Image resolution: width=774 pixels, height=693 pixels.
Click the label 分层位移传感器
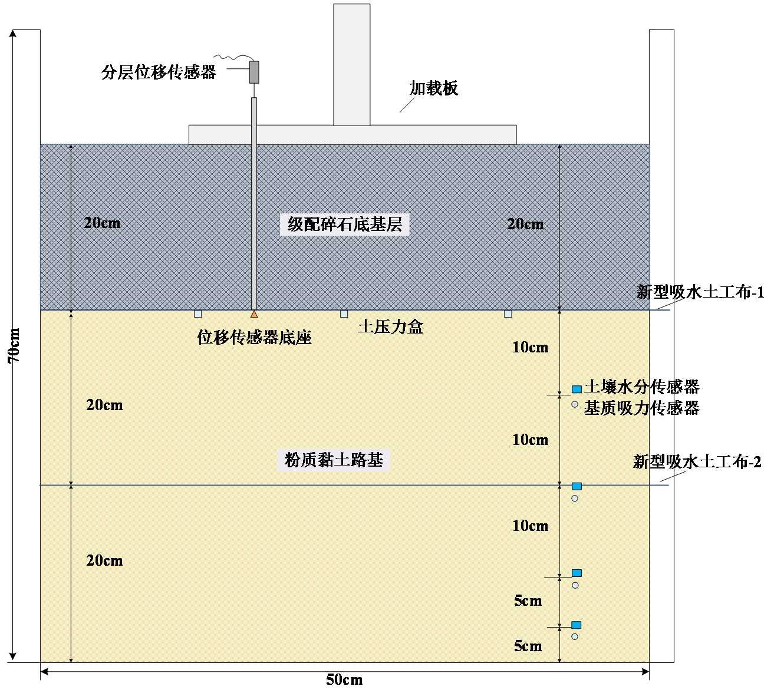(159, 72)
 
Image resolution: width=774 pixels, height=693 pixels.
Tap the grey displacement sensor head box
(254, 71)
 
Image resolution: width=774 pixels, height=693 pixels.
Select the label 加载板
(434, 88)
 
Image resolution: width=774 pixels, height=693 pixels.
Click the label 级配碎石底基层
(344, 225)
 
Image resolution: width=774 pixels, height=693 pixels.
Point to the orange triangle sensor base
(254, 314)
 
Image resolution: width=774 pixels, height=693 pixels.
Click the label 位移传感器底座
(254, 338)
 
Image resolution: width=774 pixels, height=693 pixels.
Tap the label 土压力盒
(390, 327)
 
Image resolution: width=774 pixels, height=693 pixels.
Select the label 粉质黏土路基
(334, 460)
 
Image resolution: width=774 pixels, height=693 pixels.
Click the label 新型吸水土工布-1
(700, 292)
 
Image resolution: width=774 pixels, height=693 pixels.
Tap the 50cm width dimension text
(344, 680)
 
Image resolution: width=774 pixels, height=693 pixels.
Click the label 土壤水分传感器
(641, 387)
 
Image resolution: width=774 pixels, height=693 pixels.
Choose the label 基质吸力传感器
(641, 408)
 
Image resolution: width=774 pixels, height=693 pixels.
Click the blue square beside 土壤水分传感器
(577, 389)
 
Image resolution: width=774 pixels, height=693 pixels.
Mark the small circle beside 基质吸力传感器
(575, 404)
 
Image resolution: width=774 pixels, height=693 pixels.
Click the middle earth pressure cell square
(344, 314)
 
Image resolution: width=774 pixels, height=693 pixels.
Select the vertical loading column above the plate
(352, 65)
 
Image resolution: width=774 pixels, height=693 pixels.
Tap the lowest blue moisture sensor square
(577, 625)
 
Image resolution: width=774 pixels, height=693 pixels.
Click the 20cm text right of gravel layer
(525, 224)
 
